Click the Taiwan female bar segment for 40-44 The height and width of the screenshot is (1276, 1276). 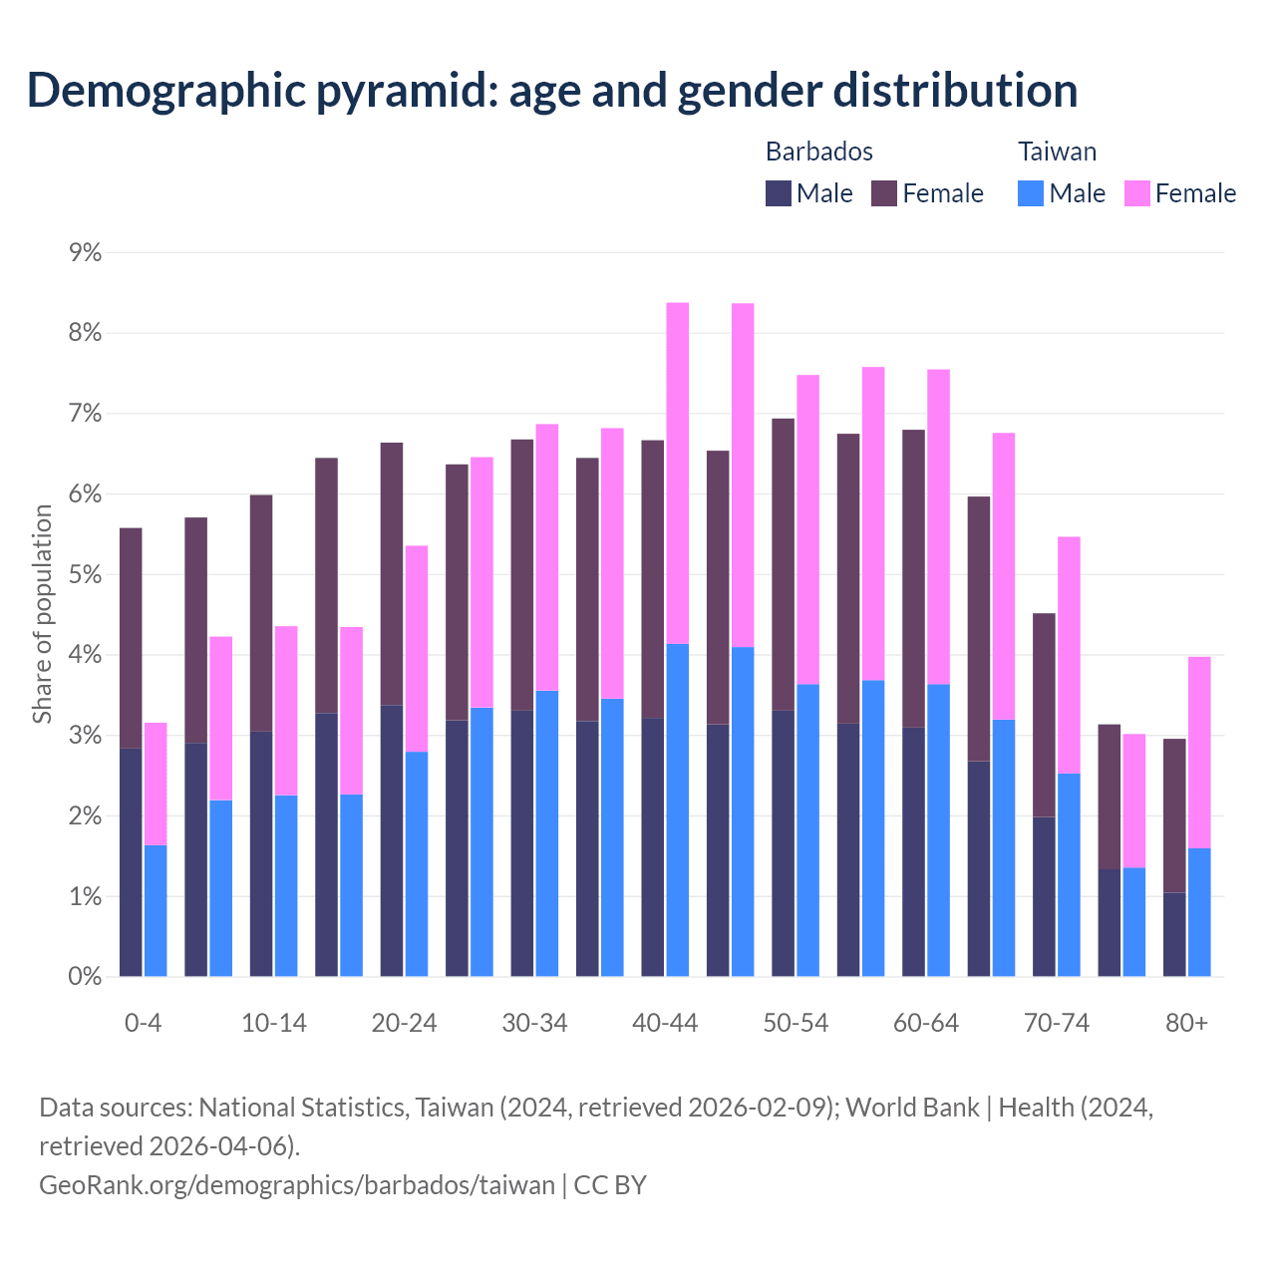pyautogui.click(x=678, y=474)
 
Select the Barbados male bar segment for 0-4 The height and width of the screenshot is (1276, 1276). pyautogui.click(x=131, y=862)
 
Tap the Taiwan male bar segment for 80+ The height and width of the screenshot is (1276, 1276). pyautogui.click(x=1199, y=912)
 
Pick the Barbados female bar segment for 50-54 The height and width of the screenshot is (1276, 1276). pyautogui.click(x=784, y=564)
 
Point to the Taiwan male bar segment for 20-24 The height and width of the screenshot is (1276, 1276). pyautogui.click(x=417, y=864)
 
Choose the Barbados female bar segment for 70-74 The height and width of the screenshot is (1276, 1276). pyautogui.click(x=1044, y=715)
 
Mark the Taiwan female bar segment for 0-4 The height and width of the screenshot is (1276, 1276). pyautogui.click(x=156, y=784)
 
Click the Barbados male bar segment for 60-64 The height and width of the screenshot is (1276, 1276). pyautogui.click(x=914, y=852)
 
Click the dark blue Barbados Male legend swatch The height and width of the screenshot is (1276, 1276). pyautogui.click(x=779, y=193)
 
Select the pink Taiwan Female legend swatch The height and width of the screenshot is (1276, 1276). pyautogui.click(x=1136, y=193)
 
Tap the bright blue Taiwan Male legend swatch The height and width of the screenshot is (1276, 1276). pyautogui.click(x=1031, y=193)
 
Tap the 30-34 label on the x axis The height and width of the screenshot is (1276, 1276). pyautogui.click(x=534, y=1024)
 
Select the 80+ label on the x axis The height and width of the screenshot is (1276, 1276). pyautogui.click(x=1186, y=1024)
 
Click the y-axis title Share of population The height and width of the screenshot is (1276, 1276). pyautogui.click(x=43, y=614)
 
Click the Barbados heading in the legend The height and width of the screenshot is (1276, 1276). pyautogui.click(x=818, y=152)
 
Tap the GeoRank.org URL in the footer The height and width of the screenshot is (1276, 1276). pyautogui.click(x=296, y=1185)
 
